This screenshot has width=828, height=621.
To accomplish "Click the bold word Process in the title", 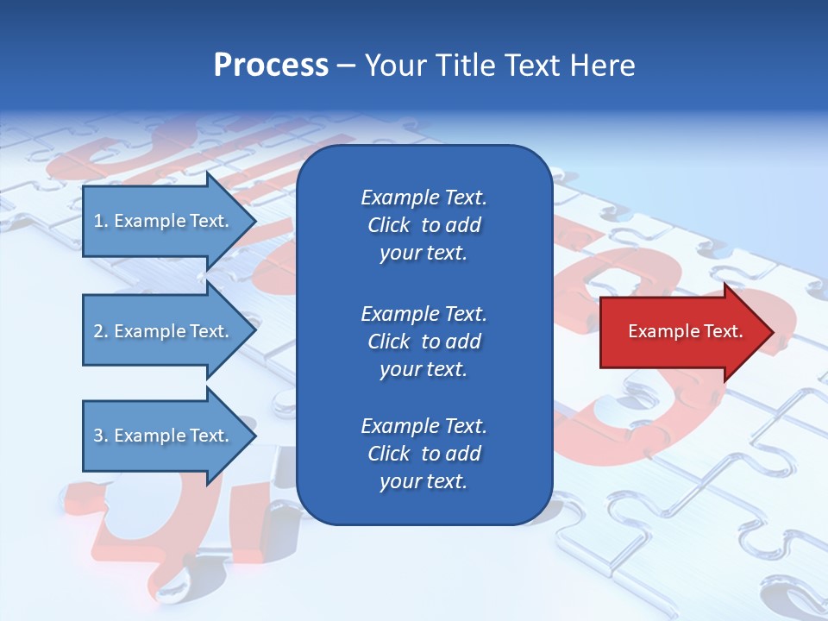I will [271, 66].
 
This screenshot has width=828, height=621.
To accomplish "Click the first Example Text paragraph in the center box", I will [423, 225].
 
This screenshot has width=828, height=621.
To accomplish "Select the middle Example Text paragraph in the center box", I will [423, 341].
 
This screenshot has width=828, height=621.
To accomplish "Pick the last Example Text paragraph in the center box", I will [423, 454].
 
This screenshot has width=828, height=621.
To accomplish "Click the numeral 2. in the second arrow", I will [100, 331].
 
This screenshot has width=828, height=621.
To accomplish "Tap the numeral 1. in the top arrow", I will [100, 221].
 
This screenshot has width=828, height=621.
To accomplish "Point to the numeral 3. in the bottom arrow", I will [100, 436].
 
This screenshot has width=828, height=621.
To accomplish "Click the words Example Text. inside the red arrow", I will [686, 331].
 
